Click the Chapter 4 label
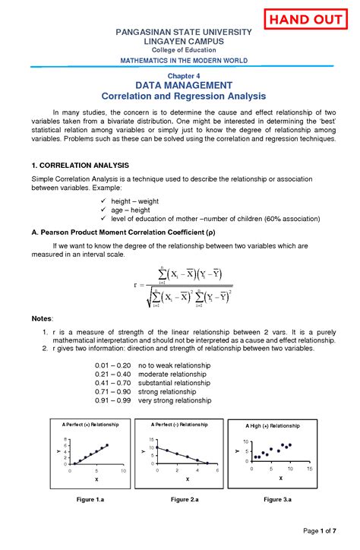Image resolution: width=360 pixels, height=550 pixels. point(182,77)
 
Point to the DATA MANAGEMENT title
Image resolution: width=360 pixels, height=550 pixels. point(182,87)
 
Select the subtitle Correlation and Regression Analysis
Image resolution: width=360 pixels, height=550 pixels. point(182,97)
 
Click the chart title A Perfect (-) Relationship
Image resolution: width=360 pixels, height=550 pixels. point(180,424)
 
